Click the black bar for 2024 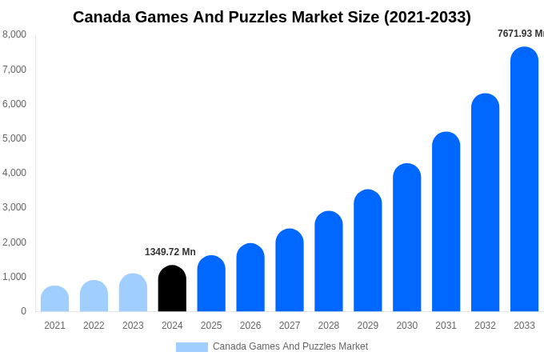pos(172,289)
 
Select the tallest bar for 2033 pos(524,179)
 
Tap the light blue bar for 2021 pos(54,299)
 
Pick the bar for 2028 pos(328,262)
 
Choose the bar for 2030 pos(406,238)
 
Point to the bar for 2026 pos(250,278)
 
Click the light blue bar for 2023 pos(133,293)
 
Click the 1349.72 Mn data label pos(170,252)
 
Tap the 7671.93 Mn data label pos(520,34)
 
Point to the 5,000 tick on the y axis pos(14,138)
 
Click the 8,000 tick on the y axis pos(14,34)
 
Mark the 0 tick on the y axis pos(23,311)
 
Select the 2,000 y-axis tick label pos(14,242)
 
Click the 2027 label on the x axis pos(290,326)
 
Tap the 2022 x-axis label pos(94,326)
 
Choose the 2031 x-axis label pos(446,326)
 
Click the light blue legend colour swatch pos(192,347)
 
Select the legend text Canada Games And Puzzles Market pos(290,346)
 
